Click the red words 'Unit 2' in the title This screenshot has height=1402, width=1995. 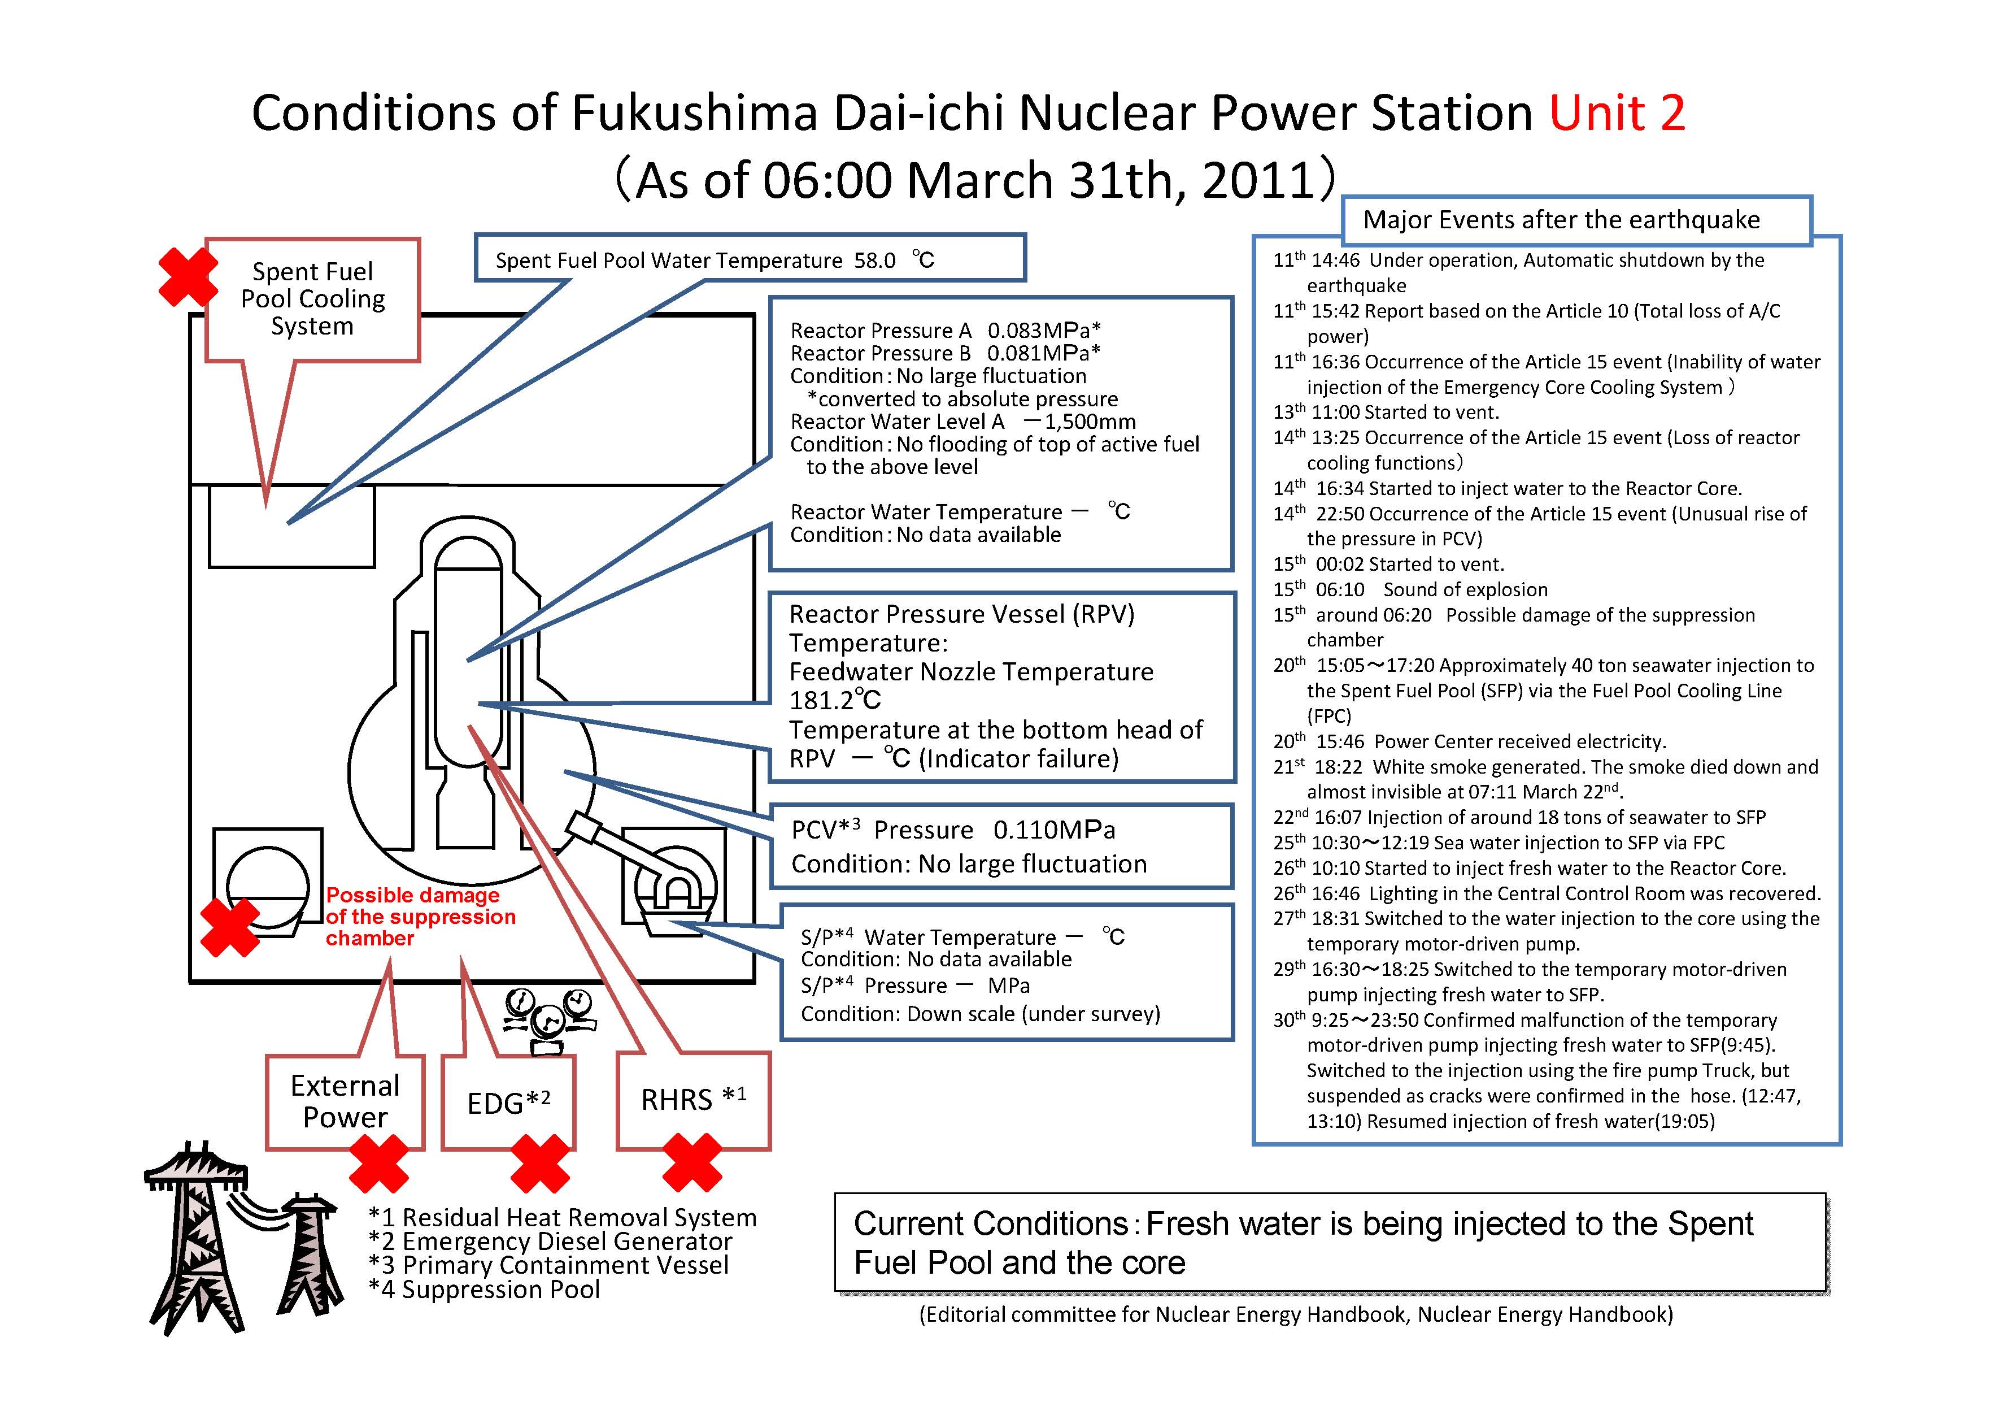pos(1617,113)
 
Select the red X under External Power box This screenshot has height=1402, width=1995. pos(379,1163)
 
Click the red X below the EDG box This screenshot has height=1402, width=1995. pos(541,1163)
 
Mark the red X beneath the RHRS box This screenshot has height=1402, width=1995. pos(692,1162)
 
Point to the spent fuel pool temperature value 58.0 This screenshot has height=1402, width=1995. pos(874,261)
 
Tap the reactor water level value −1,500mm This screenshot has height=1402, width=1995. pos(1079,422)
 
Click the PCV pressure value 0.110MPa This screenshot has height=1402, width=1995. pos(1054,830)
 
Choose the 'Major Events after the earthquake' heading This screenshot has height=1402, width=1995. pos(1561,220)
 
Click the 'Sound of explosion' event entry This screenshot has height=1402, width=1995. pos(1465,590)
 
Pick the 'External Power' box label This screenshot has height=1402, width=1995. pos(345,1101)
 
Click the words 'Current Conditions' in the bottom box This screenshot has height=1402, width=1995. pos(991,1224)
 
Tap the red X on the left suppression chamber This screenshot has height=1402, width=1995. pos(230,927)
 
